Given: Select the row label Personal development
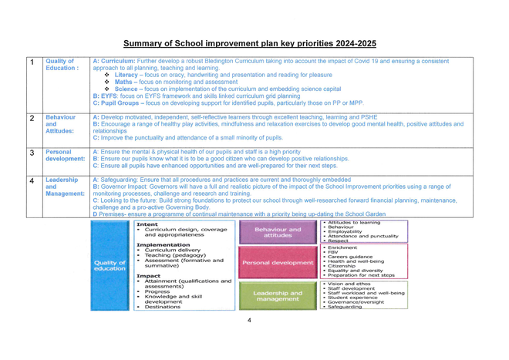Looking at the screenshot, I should [67, 157].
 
